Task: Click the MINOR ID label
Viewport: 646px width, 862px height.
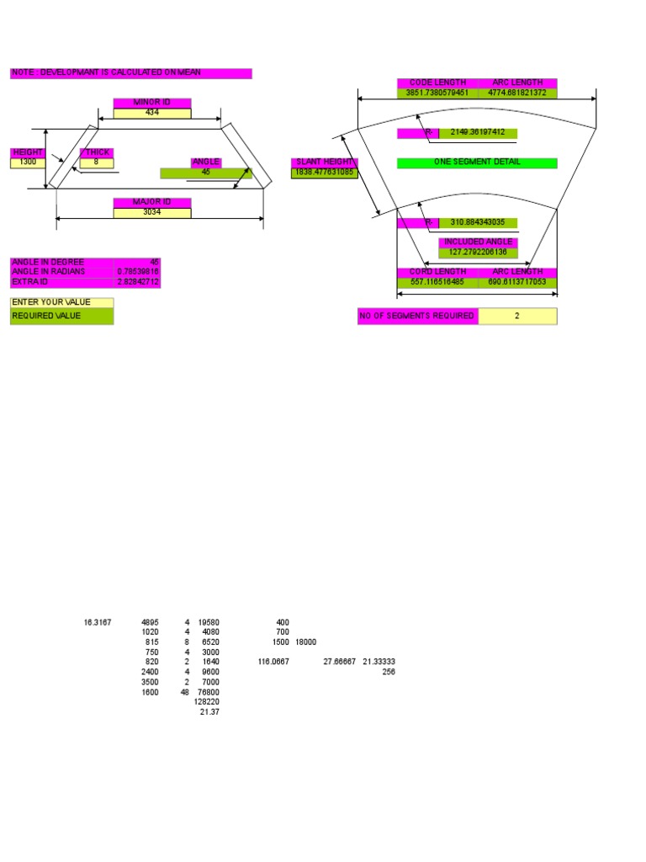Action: click(x=152, y=103)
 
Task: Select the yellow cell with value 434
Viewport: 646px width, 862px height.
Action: click(x=152, y=113)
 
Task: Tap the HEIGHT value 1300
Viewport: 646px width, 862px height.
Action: click(x=28, y=162)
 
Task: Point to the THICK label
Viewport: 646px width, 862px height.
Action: click(x=95, y=152)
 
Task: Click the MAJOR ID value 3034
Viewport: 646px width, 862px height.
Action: click(x=152, y=212)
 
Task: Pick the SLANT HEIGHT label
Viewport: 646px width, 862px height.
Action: click(x=325, y=162)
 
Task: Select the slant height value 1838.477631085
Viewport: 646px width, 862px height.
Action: click(x=325, y=173)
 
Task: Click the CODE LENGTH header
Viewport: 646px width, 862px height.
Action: click(x=437, y=83)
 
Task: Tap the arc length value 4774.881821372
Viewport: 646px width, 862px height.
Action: click(x=517, y=93)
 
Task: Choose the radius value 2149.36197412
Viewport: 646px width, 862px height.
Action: click(x=478, y=133)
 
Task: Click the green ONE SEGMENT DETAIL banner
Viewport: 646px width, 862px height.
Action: click(x=477, y=162)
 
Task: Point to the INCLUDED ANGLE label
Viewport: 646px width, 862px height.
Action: click(x=478, y=242)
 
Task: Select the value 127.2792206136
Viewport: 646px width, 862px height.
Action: click(x=478, y=253)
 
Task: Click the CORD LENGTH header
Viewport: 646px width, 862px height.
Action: click(x=437, y=272)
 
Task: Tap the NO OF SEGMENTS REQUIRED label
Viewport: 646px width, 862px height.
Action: click(x=418, y=317)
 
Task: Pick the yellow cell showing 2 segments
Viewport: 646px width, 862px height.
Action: click(x=517, y=317)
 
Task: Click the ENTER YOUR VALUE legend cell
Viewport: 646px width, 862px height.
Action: click(x=61, y=302)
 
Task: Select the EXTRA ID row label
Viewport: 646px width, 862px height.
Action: click(x=61, y=282)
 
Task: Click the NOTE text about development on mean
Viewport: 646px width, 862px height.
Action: click(x=130, y=74)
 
